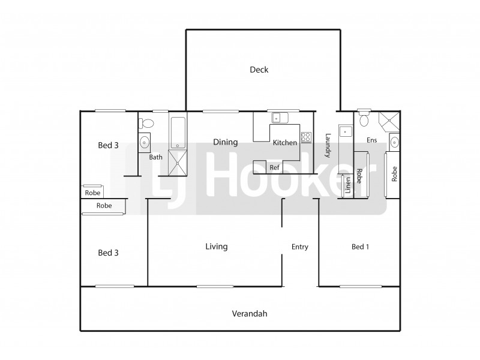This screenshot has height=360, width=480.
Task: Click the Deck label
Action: (x=259, y=70)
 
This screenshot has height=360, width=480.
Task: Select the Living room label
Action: (x=217, y=247)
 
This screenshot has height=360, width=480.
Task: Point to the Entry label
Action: (x=300, y=247)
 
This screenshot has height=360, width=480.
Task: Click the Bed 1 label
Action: (x=360, y=247)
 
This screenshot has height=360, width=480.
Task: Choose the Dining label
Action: (x=226, y=142)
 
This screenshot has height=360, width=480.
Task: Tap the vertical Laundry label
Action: (x=328, y=145)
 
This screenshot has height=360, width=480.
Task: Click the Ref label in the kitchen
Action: (x=274, y=167)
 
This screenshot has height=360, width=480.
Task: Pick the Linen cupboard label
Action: (x=347, y=185)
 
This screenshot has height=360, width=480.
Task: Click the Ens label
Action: (x=373, y=140)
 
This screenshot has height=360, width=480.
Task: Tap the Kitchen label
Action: (x=284, y=143)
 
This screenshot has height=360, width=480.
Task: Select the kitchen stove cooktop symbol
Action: (x=306, y=137)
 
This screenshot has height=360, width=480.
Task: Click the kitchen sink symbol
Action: (x=279, y=118)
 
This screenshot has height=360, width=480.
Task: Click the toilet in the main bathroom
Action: (x=146, y=124)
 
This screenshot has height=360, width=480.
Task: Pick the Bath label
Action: (x=156, y=157)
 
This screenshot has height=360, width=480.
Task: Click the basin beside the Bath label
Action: (x=144, y=143)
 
